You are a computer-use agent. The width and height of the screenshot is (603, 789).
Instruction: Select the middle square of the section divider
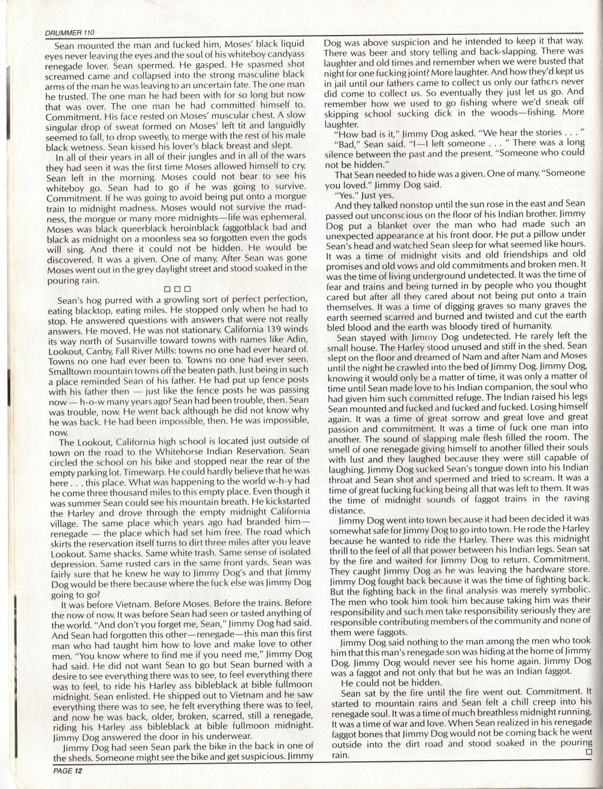pyautogui.click(x=178, y=290)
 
